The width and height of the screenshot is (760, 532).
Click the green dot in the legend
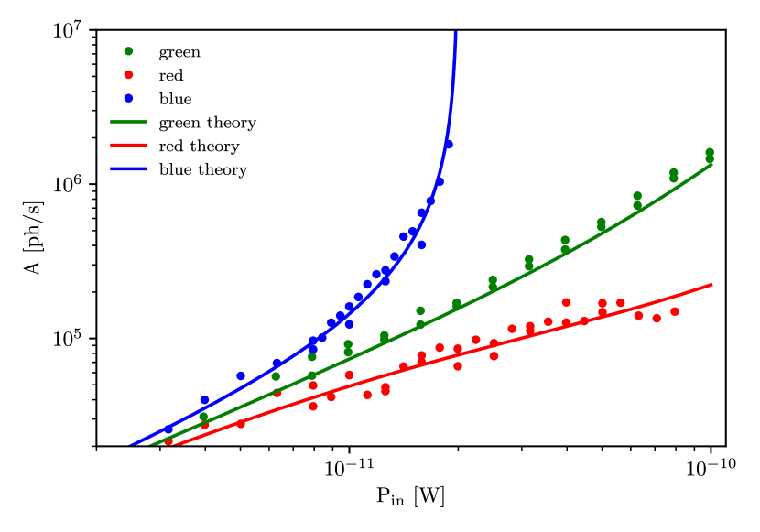[128, 51]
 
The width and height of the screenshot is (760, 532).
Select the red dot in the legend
[128, 75]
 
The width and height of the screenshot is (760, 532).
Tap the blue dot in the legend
[128, 98]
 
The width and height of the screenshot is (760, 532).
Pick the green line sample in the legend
[128, 122]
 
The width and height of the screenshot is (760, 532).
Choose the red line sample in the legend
[128, 145]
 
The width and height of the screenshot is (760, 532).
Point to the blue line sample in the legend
[128, 168]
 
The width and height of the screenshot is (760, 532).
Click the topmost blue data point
[448, 145]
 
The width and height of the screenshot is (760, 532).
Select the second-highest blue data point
[440, 181]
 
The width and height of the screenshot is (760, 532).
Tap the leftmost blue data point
[168, 429]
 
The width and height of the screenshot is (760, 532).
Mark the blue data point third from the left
[241, 376]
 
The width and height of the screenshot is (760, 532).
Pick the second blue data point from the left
[205, 400]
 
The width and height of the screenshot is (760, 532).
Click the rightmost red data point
[675, 311]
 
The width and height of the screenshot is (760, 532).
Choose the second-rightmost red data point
[657, 319]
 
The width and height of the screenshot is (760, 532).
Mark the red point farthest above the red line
[566, 302]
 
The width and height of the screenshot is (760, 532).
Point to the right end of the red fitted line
[712, 284]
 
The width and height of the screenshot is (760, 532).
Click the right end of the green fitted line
[712, 165]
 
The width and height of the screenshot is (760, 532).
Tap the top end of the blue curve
[455, 33]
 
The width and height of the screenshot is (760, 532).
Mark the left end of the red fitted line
[174, 446]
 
